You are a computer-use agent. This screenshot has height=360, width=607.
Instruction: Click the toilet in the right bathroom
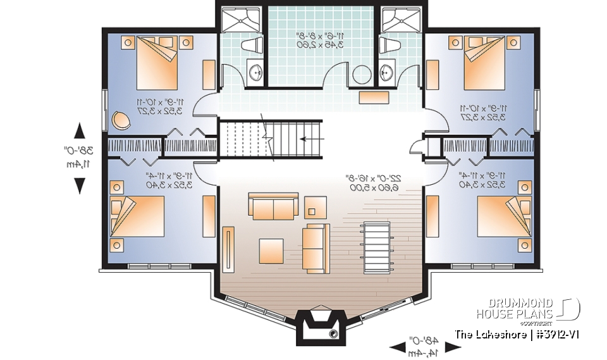click(388, 46)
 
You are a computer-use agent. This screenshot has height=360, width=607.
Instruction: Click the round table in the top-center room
click(361, 74)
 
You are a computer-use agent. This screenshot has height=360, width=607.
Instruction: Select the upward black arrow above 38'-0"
click(80, 131)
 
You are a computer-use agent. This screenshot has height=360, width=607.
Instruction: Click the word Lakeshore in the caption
click(500, 334)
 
